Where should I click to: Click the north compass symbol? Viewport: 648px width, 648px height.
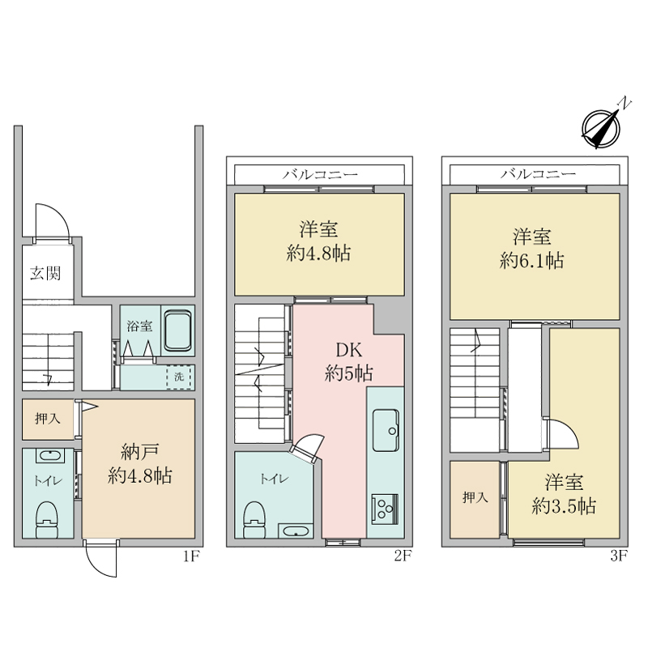coord(601,127)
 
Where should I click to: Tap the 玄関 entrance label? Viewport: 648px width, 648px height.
coord(45,273)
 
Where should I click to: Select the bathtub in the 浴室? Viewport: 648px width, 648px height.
coord(177,330)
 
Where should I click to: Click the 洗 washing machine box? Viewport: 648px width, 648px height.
coord(179,377)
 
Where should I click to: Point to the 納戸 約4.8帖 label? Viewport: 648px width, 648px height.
coord(139,464)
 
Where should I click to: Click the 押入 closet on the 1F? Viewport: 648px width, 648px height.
coord(48,419)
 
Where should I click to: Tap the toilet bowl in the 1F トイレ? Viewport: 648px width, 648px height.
coord(46,519)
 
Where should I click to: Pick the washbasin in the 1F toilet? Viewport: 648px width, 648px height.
coord(50,456)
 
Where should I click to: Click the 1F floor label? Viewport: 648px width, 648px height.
coord(191,556)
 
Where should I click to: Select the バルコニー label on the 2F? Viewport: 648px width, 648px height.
coord(320,174)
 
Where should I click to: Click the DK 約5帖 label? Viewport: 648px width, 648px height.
coord(349,361)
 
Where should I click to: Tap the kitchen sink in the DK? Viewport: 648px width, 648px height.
coord(386,430)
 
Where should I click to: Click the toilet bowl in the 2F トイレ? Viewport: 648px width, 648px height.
coord(254,520)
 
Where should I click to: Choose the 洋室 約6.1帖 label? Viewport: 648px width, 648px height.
coord(532,249)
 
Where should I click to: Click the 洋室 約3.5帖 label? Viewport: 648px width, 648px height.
coord(564,494)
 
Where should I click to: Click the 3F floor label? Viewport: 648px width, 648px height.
coord(619,556)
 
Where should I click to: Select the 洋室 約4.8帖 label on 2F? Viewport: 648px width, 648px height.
coord(318,241)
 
